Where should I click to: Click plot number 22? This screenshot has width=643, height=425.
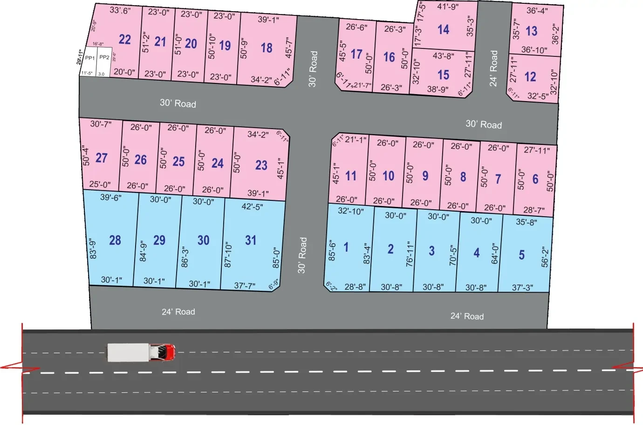coord(124,39)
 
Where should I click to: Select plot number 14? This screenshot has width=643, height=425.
coord(443,30)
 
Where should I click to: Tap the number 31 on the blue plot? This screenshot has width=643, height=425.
coord(251,240)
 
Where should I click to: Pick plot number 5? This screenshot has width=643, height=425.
coord(521,255)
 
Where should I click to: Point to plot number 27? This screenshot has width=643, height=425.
coord(102,158)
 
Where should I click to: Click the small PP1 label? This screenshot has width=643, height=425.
coord(90,58)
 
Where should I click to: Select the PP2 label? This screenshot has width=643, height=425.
coord(104,57)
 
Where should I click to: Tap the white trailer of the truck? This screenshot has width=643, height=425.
coord(128,352)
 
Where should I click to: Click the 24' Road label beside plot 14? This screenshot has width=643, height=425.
coord(493,69)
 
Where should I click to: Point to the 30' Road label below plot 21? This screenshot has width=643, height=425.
coord(178,103)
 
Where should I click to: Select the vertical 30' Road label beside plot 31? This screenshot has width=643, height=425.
coord(302,255)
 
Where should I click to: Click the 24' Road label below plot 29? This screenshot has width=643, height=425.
coord(178,312)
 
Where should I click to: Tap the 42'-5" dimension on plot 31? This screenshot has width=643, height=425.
coord(252,206)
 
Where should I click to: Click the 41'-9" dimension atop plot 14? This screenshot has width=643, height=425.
coord(447,7)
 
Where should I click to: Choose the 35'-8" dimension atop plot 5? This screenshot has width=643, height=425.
coord(526,222)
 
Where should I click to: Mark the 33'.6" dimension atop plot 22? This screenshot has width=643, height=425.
coord(120,10)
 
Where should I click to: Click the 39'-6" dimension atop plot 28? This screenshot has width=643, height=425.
coord(111,198)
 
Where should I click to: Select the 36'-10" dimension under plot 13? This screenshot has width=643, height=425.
coord(534,50)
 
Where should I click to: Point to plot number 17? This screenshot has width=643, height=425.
coord(356,55)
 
